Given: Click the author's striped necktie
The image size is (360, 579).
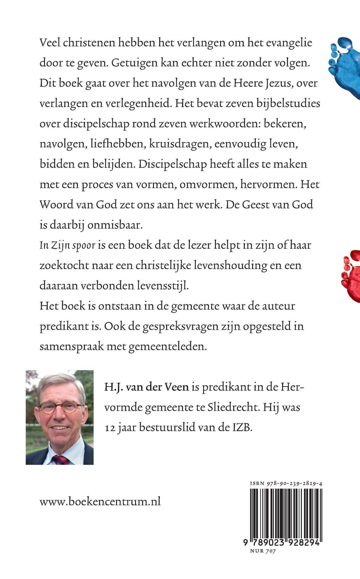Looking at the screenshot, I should click(59, 459).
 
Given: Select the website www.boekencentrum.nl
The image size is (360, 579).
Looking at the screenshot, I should click(100, 501).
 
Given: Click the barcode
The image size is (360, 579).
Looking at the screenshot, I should click(285, 513).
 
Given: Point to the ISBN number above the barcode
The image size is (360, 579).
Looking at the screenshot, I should click(286, 483).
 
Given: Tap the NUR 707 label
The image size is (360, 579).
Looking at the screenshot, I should click(263, 551).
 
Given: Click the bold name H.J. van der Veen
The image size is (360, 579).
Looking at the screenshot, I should click(147, 387).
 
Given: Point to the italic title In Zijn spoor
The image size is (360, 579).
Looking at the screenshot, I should click(67, 245).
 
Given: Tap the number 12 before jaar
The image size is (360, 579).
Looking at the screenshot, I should click(110, 428).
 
